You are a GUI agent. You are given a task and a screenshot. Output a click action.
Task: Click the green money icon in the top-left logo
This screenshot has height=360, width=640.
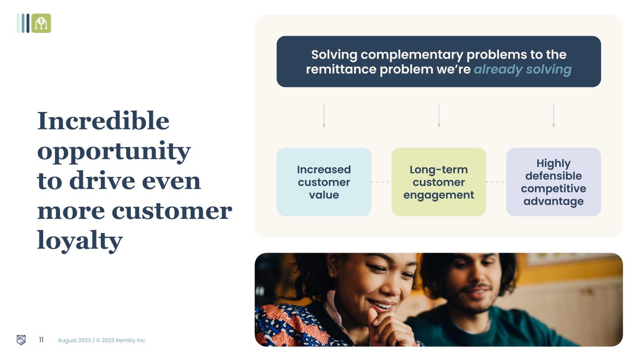41,23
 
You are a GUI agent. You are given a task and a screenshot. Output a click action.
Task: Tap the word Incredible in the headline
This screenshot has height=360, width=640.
103,120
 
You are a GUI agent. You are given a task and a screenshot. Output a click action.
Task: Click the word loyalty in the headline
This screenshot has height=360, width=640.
80,240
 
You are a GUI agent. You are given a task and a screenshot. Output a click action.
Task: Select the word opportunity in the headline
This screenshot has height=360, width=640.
114,152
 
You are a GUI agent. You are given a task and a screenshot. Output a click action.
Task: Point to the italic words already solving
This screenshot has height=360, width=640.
523,70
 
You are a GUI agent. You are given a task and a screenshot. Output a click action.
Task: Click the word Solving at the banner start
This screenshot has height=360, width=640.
334,54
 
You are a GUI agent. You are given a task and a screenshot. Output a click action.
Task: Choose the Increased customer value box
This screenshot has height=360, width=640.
324,182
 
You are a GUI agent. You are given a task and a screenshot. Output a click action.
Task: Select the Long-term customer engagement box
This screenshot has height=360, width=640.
439,182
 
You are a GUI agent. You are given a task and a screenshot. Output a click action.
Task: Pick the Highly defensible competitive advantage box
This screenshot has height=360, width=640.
554,182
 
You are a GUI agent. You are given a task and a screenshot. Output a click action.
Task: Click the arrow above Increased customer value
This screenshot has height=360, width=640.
324,115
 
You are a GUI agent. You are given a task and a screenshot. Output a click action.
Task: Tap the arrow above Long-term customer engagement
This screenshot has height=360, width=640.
439,115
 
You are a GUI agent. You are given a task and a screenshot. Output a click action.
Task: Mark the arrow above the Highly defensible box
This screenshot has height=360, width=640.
554,115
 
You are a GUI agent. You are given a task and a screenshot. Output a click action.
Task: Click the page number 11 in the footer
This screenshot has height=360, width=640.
41,340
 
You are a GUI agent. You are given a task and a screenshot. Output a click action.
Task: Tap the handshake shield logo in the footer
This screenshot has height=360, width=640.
21,340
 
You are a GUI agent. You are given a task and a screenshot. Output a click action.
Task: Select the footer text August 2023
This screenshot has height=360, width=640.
74,340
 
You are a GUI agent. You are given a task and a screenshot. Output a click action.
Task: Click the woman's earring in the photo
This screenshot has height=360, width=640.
331,276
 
